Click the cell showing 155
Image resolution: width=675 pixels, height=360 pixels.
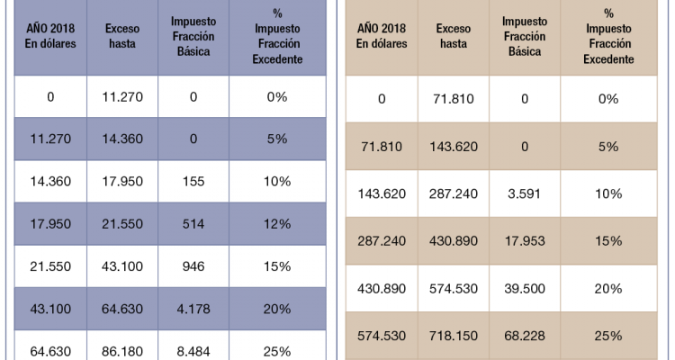pyautogui.click(x=193, y=181)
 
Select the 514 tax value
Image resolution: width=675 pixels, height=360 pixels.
pyautogui.click(x=193, y=223)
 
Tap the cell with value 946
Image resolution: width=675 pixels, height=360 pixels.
pyautogui.click(x=193, y=266)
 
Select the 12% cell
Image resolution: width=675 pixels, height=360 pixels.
pyautogui.click(x=276, y=223)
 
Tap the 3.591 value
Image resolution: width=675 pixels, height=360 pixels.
pyautogui.click(x=525, y=193)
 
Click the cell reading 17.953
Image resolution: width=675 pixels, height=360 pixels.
pyautogui.click(x=525, y=240)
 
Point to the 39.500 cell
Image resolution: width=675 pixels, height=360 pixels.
pyautogui.click(x=525, y=288)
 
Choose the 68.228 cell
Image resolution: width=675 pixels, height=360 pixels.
pyautogui.click(x=525, y=336)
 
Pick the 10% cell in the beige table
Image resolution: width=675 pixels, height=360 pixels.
pyautogui.click(x=608, y=193)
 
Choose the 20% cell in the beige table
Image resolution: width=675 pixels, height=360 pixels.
pyautogui.click(x=608, y=288)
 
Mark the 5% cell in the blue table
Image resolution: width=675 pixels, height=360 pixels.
pyautogui.click(x=276, y=139)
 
